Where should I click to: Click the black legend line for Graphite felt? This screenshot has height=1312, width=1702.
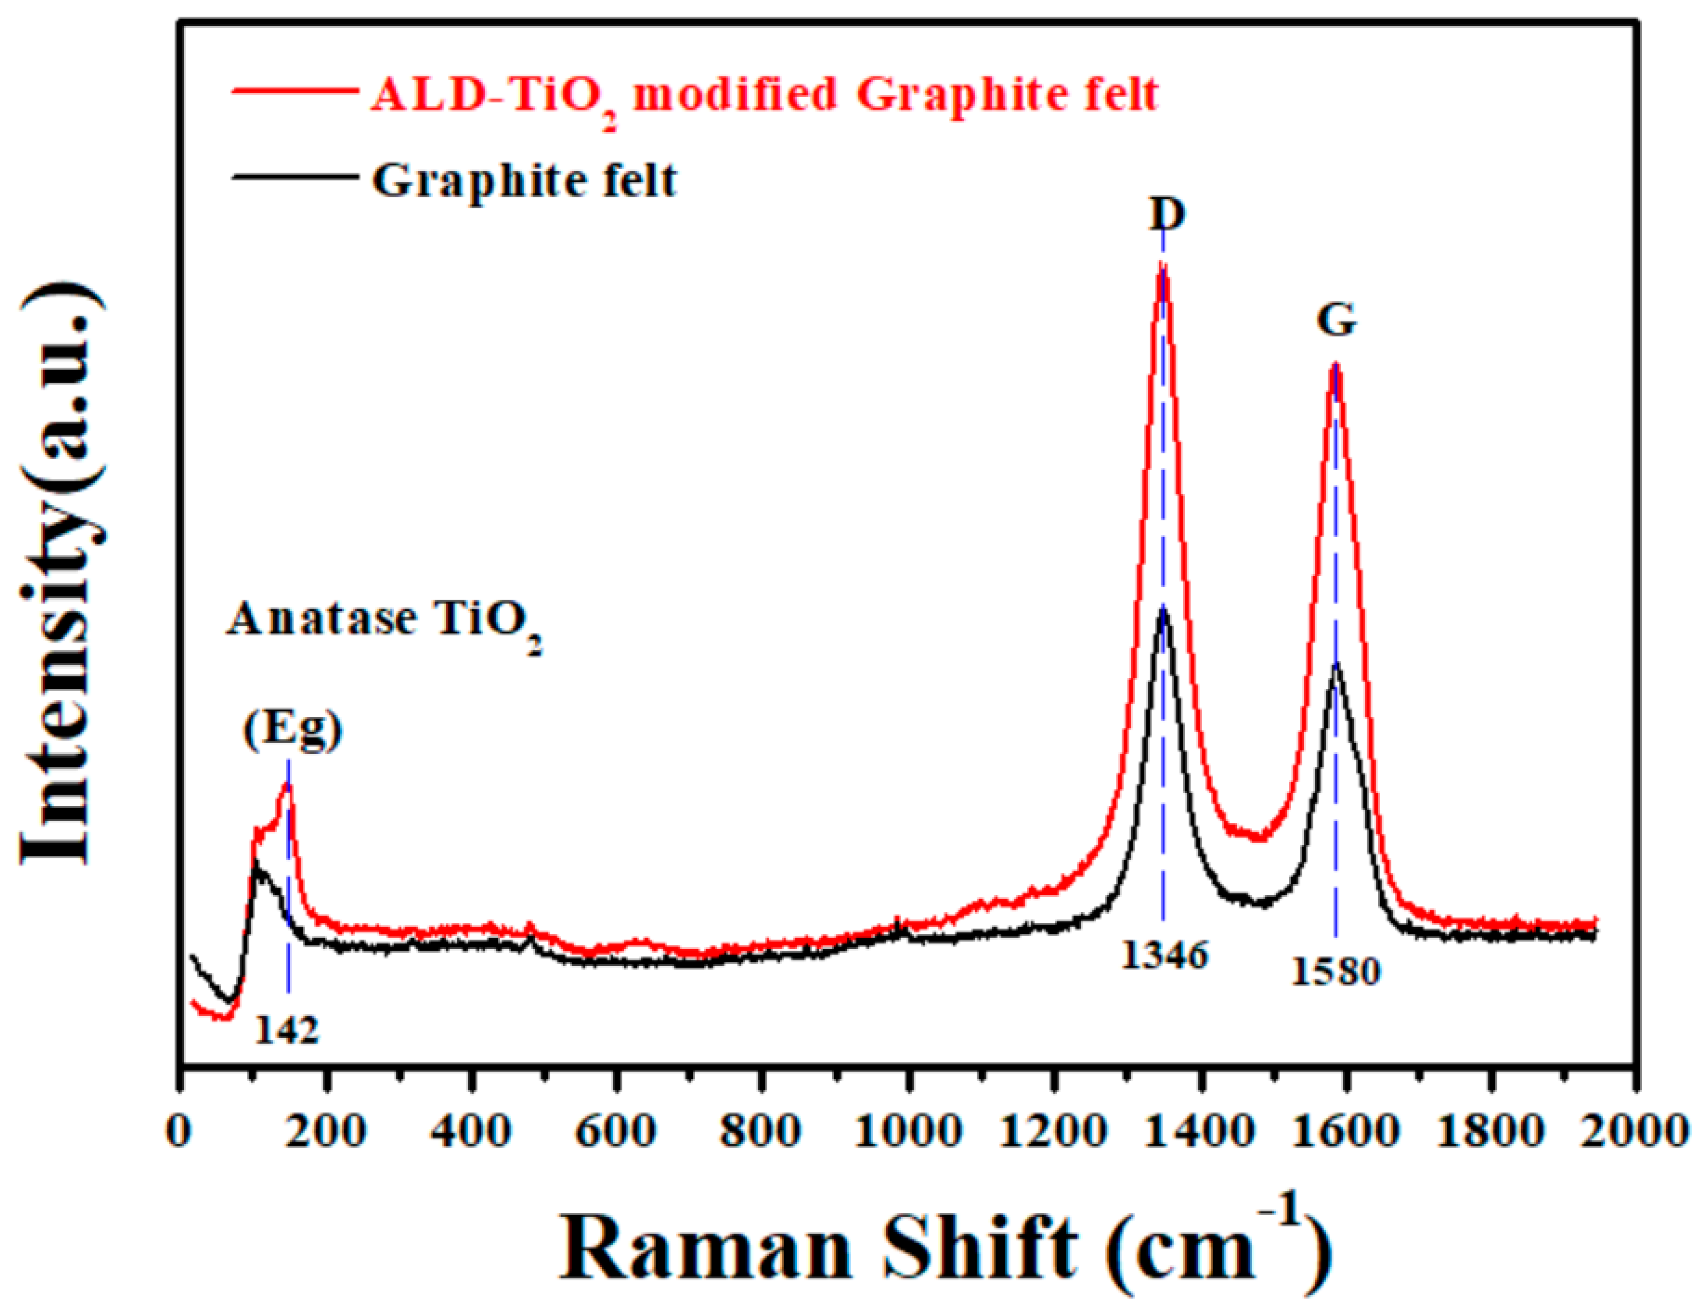[292, 176]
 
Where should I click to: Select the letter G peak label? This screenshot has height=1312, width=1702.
[1336, 319]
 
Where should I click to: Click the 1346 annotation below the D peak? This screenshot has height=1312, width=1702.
[1164, 956]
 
